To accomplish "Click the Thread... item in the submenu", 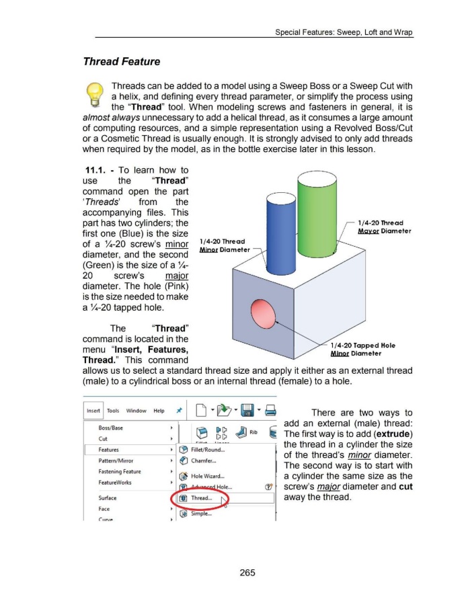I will [x=202, y=499].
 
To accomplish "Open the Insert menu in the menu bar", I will [x=94, y=411].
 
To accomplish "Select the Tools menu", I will [x=112, y=411].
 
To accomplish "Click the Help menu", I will [x=159, y=411].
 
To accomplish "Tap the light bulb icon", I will [x=95, y=98].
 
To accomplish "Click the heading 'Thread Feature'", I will [x=121, y=62].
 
